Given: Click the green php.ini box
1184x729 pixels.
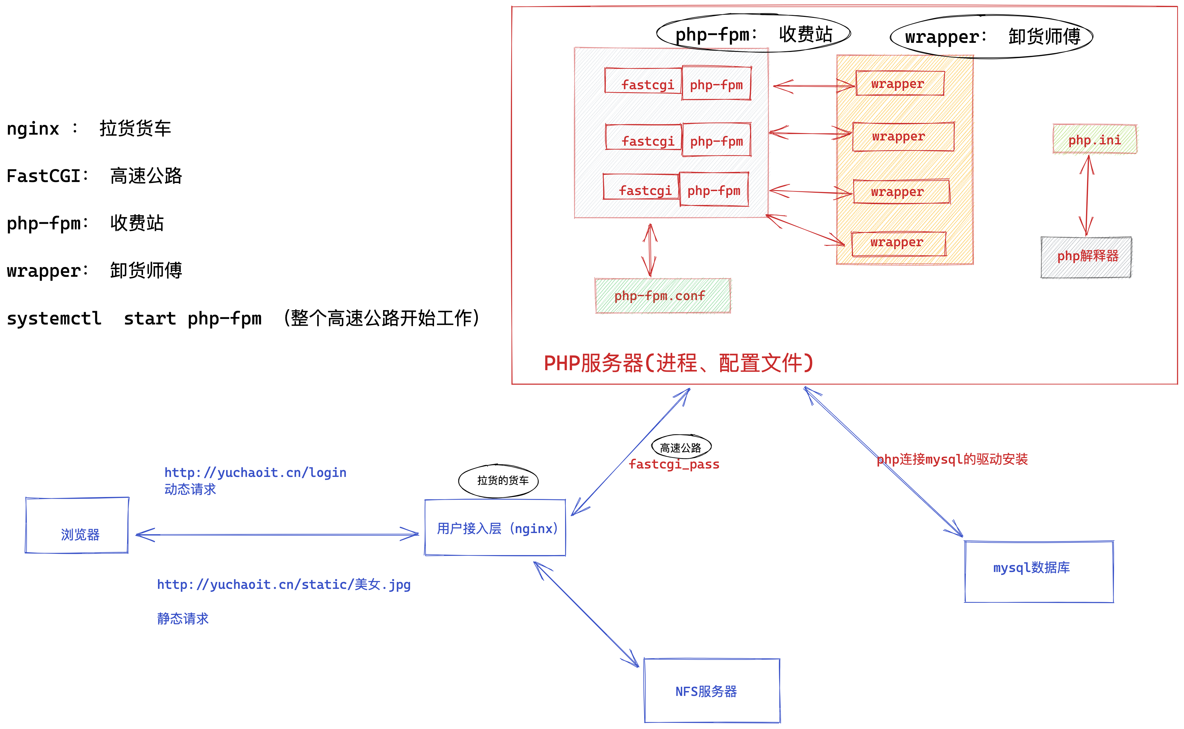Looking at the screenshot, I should coord(1094,139).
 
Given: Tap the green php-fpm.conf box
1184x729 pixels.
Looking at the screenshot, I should coord(662,296).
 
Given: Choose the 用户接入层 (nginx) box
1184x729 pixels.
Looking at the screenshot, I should coord(495,528).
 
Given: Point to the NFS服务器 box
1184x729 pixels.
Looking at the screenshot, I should coord(712,690).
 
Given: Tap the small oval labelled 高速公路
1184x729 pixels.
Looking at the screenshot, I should coord(681,447).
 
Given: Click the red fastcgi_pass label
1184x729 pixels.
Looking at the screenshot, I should coord(674,464).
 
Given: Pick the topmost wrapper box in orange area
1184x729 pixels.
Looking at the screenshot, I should coord(899,83).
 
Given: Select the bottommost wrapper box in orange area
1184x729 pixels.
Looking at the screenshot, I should coord(898,243).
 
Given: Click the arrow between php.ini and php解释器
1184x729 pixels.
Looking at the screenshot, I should coord(1087,195).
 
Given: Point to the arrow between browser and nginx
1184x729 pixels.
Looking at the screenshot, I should coord(277,534).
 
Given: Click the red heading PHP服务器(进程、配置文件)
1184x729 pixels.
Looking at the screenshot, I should coord(678,363).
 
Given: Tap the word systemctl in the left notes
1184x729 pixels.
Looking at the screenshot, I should coord(54,319).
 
